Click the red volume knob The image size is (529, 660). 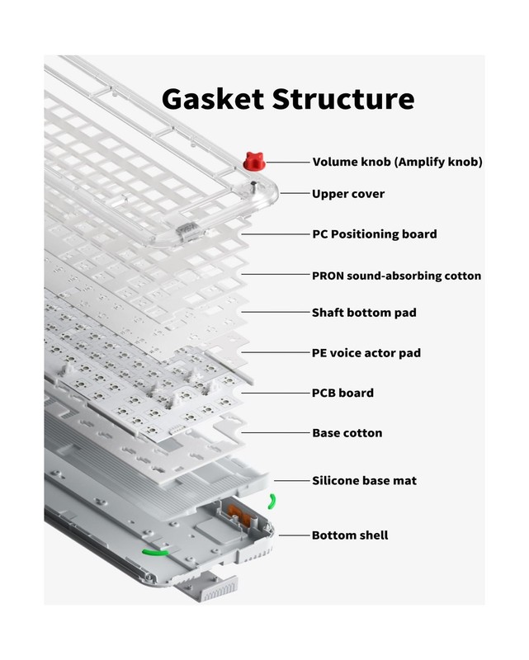tap(254, 162)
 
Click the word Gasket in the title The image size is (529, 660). tap(212, 99)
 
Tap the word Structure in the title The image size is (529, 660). tap(343, 99)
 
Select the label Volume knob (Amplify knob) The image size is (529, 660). tap(397, 162)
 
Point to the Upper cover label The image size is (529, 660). tap(348, 194)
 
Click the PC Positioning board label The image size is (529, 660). tap(375, 234)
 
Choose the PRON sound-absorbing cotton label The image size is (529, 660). tap(396, 276)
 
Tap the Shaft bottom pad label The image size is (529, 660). tap(364, 313)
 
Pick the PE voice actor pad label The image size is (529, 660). tap(366, 353)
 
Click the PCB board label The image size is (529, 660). tap(342, 393)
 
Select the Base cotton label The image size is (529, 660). tap(347, 432)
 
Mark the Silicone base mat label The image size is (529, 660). tap(364, 480)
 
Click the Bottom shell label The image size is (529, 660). tap(350, 535)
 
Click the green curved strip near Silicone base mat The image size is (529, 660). tap(272, 502)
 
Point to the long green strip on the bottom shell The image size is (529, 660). tap(155, 552)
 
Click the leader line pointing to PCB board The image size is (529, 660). tap(276, 394)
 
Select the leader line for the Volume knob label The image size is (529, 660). tap(288, 162)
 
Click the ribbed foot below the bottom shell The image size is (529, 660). tap(219, 590)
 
